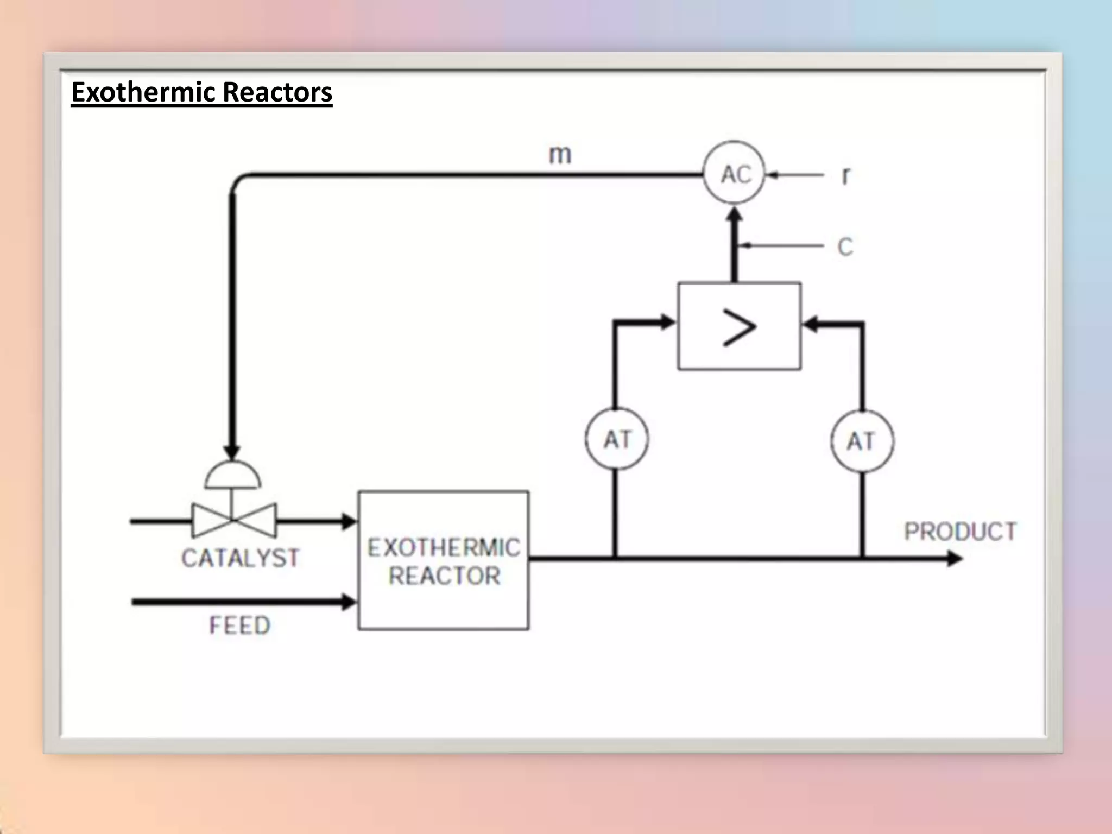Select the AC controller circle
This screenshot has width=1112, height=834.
tap(735, 174)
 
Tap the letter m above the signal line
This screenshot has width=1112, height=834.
tap(560, 155)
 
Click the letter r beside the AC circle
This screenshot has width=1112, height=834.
tap(845, 175)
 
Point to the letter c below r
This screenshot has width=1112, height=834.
tap(845, 248)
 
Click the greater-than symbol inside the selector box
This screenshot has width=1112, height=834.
tap(739, 327)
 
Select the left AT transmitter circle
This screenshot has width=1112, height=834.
tap(617, 439)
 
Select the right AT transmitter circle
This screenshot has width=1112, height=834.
tap(862, 441)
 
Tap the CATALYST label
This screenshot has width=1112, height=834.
tap(240, 558)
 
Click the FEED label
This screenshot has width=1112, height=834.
tap(239, 625)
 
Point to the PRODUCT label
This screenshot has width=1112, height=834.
tap(960, 532)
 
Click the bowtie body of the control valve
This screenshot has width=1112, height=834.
tap(233, 521)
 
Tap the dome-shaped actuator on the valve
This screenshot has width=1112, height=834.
tap(233, 476)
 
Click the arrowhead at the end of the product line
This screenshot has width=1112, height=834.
tap(953, 558)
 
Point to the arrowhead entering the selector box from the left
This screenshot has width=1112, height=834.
tap(667, 323)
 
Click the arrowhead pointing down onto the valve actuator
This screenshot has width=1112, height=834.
tap(232, 452)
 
